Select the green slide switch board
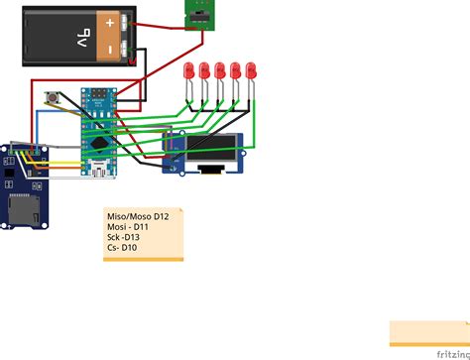tap(198, 11)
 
